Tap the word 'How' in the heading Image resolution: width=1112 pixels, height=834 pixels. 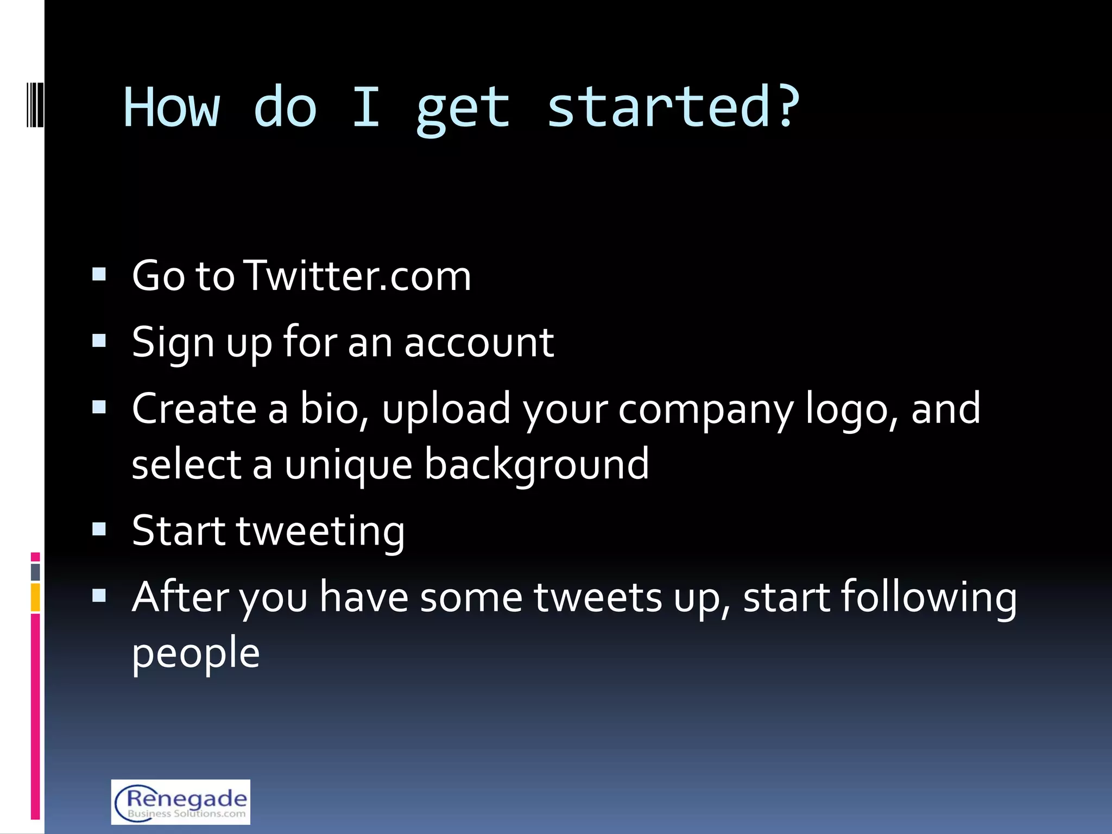(172, 107)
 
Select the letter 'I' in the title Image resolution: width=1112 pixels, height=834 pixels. (365, 107)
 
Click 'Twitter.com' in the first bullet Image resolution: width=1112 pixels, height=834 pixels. (359, 276)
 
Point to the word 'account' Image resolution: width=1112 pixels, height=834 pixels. (479, 343)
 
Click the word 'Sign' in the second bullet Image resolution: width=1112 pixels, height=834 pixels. (173, 344)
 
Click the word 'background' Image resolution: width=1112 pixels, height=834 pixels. (536, 465)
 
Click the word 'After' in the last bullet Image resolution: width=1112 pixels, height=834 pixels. (180, 597)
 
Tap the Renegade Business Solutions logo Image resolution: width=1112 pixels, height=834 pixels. (181, 801)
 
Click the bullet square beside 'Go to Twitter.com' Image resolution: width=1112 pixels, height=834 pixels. (99, 274)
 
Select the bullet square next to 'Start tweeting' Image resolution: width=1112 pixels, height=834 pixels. (99, 529)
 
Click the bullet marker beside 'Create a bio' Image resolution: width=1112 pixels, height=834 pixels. (99, 407)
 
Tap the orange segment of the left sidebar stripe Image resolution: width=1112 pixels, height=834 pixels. (35, 597)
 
